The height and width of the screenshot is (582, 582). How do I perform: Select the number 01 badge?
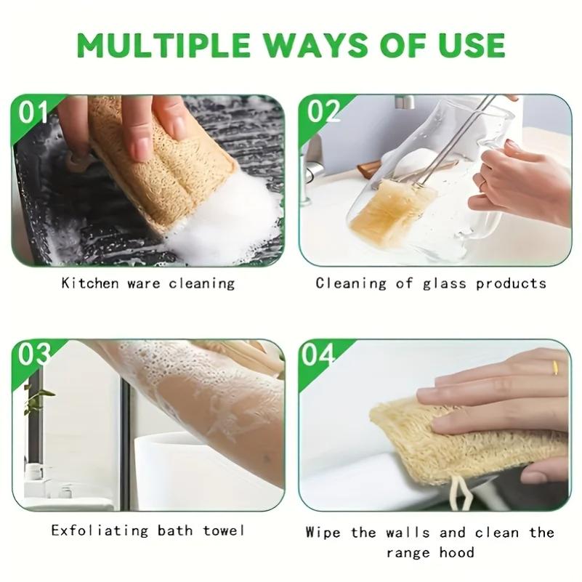pos(33,113)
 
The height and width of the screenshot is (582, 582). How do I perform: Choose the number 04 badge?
pos(319,355)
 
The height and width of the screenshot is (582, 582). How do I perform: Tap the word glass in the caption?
pos(445,283)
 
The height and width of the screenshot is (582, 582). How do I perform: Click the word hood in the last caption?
pos(457,553)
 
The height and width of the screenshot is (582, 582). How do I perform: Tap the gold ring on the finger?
pos(554,367)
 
